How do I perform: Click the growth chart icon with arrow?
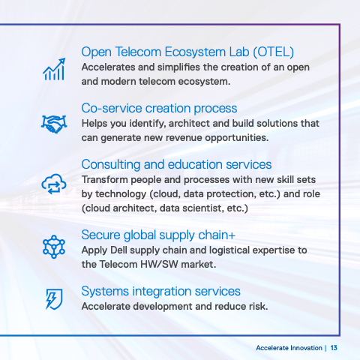pos(54,69)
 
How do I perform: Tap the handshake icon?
pos(54,124)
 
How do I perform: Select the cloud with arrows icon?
pos(54,184)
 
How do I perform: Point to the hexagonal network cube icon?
pos(54,247)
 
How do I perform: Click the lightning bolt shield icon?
pos(54,299)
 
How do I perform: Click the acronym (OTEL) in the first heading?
pos(273,52)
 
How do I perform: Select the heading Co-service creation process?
pos(159,109)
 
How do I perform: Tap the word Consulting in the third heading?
pos(111,165)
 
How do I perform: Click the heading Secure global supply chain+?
pos(158,235)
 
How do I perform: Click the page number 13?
pos(334,348)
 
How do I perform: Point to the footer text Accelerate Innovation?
pos(289,348)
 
